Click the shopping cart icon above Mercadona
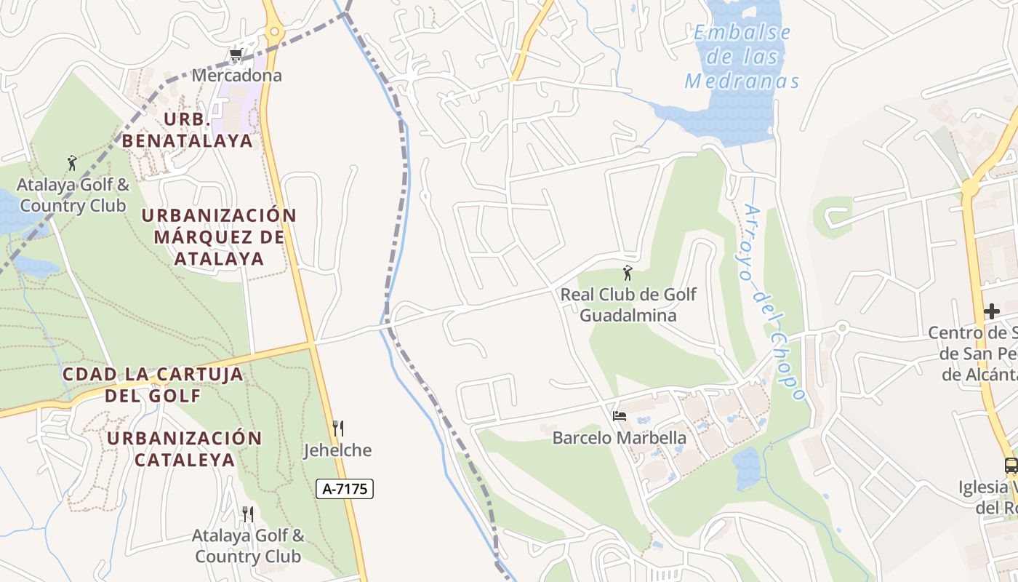pyautogui.click(x=235, y=55)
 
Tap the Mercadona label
pyautogui.click(x=236, y=75)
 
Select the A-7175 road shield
pyautogui.click(x=345, y=489)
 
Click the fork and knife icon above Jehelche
pyautogui.click(x=337, y=428)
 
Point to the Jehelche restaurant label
pyautogui.click(x=337, y=450)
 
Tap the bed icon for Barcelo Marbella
pyautogui.click(x=620, y=416)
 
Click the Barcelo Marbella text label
pyautogui.click(x=620, y=438)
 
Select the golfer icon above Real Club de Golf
pyautogui.click(x=628, y=274)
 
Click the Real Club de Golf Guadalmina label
pyautogui.click(x=628, y=305)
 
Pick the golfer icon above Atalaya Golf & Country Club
pyautogui.click(x=71, y=163)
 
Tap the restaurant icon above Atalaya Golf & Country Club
pyautogui.click(x=247, y=514)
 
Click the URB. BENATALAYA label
pyautogui.click(x=187, y=129)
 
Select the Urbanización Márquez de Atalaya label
pyautogui.click(x=219, y=236)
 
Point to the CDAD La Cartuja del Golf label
pyautogui.click(x=153, y=385)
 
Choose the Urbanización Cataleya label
pyautogui.click(x=185, y=449)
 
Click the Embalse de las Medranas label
pyautogui.click(x=742, y=57)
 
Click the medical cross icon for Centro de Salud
pyautogui.click(x=992, y=311)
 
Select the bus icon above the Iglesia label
pyautogui.click(x=1011, y=466)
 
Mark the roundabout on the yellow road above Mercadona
pyautogui.click(x=273, y=31)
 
